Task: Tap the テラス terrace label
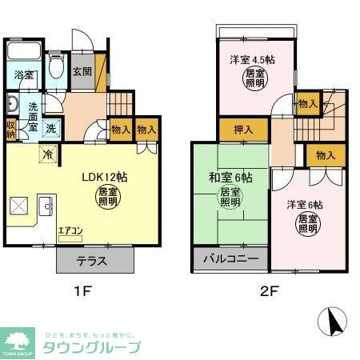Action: pyautogui.click(x=94, y=262)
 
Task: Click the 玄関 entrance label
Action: pyautogui.click(x=82, y=71)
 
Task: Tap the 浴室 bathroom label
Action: pyautogui.click(x=24, y=75)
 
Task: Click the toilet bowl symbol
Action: pyautogui.click(x=56, y=69)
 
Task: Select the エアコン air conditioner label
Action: pyautogui.click(x=70, y=231)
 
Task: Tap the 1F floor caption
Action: pyautogui.click(x=82, y=292)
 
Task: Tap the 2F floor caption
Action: pyautogui.click(x=268, y=292)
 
